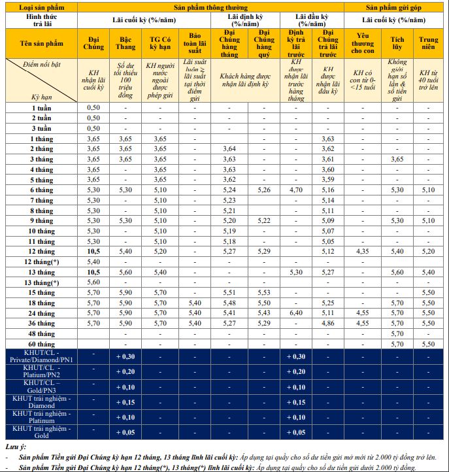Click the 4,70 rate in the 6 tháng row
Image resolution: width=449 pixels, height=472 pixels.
(x=296, y=190)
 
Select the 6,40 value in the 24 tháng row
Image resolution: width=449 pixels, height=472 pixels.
(x=296, y=312)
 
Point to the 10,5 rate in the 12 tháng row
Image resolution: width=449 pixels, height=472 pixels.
(x=94, y=251)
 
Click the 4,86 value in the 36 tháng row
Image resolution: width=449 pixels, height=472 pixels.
(x=328, y=323)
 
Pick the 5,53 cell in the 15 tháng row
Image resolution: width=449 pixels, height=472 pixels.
(x=264, y=292)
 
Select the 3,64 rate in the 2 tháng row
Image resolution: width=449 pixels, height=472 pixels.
(x=229, y=149)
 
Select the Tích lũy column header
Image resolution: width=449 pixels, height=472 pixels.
(x=397, y=43)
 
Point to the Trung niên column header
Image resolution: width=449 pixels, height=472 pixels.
(x=429, y=43)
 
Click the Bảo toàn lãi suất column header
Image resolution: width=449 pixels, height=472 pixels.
(x=194, y=43)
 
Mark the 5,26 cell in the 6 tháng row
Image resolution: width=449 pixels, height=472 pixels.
(x=264, y=190)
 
